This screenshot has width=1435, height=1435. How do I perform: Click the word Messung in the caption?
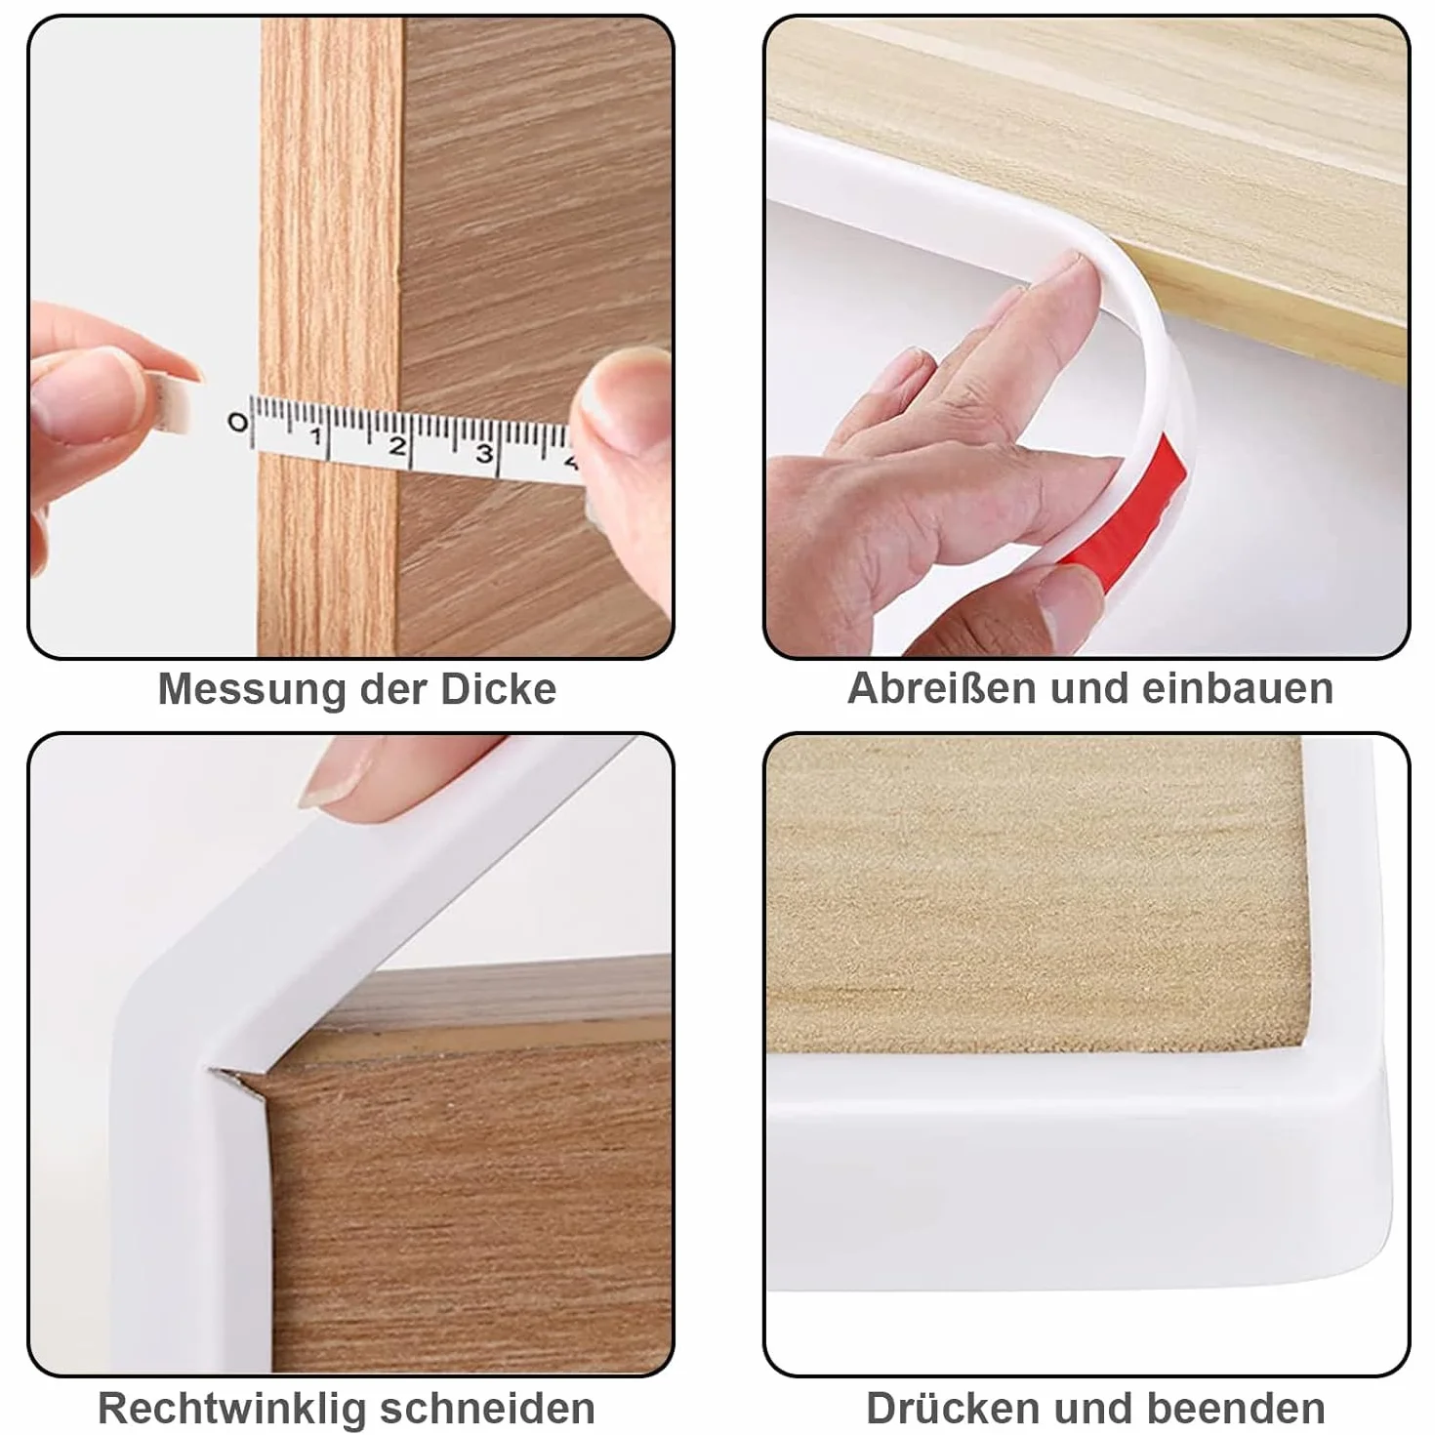pyautogui.click(x=253, y=689)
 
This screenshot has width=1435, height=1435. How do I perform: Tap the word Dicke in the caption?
pyautogui.click(x=499, y=689)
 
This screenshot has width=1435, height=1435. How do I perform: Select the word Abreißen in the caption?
pyautogui.click(x=941, y=688)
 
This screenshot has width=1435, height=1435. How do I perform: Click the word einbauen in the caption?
pyautogui.click(x=1238, y=688)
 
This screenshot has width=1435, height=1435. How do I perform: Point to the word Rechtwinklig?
pyautogui.click(x=231, y=1388)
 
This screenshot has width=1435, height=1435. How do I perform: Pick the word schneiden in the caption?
pyautogui.click(x=488, y=1387)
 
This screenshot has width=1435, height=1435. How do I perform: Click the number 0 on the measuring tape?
pyautogui.click(x=237, y=423)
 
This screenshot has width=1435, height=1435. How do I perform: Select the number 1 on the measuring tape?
pyautogui.click(x=317, y=435)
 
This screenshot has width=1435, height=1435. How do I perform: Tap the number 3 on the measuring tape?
pyautogui.click(x=485, y=453)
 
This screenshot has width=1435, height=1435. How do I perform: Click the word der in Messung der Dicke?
pyautogui.click(x=394, y=689)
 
